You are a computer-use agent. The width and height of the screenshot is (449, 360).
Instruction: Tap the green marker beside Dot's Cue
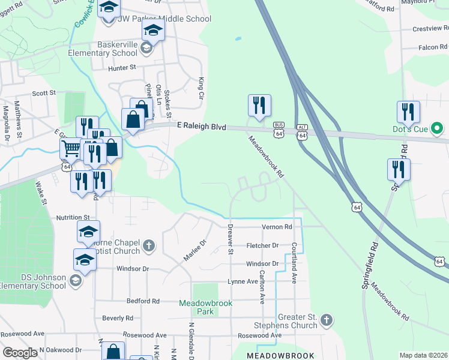click(438, 128)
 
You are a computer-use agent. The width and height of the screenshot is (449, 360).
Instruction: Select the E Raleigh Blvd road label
click(202, 127)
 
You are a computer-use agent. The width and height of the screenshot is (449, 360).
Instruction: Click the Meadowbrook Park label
click(205, 307)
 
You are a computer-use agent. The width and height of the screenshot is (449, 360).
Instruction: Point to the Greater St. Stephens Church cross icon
click(326, 318)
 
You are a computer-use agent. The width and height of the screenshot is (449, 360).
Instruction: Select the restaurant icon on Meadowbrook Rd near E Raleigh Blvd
click(259, 106)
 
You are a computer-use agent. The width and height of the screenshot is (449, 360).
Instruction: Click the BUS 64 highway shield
click(279, 131)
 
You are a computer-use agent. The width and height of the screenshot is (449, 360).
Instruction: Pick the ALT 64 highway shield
click(302, 133)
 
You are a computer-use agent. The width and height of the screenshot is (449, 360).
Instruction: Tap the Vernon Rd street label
click(277, 227)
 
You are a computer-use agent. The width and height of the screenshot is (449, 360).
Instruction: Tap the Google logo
click(20, 353)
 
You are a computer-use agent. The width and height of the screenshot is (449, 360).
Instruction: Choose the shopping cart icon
click(71, 148)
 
